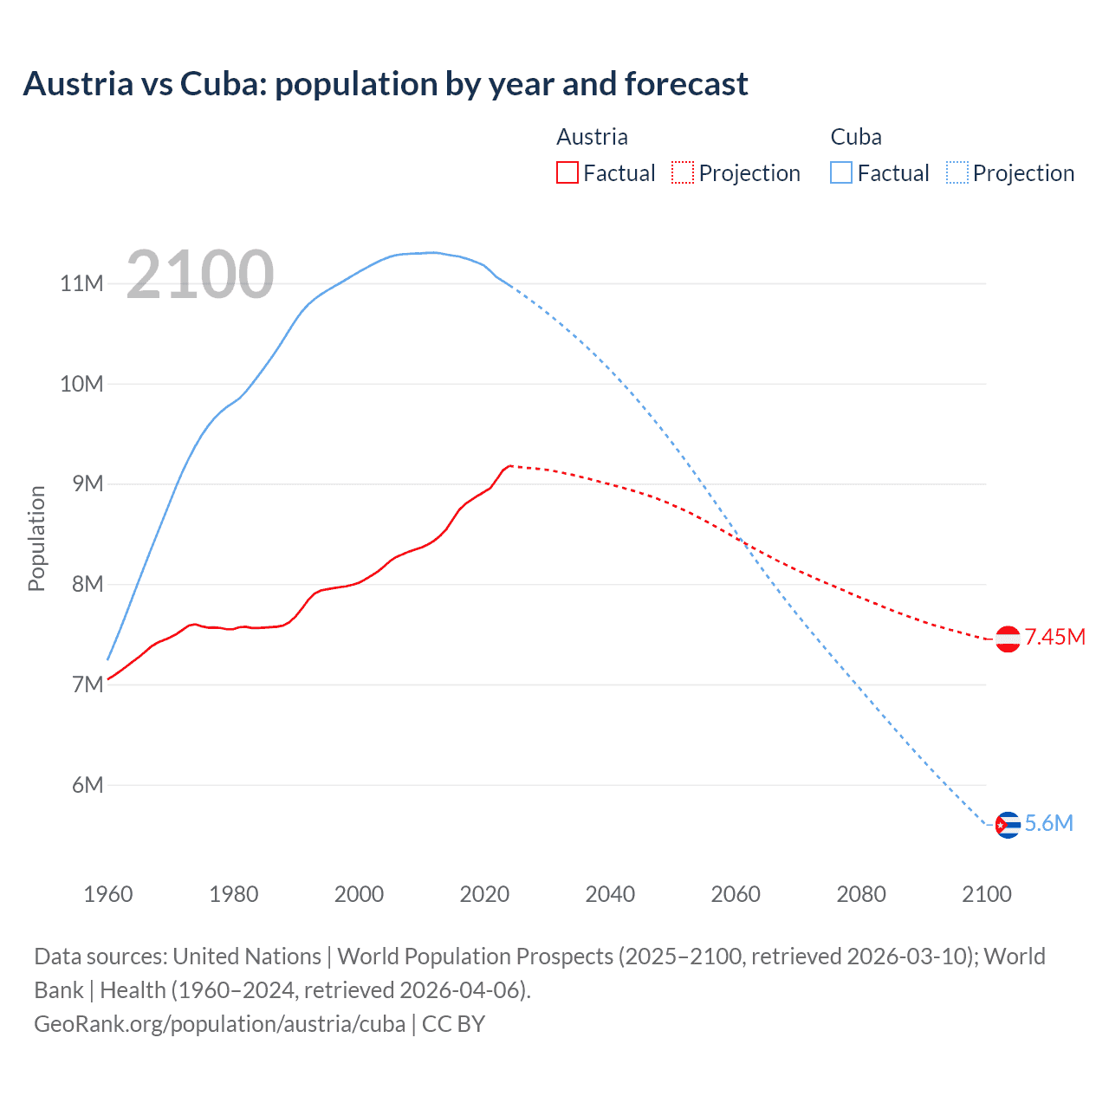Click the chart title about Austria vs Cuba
(x=386, y=84)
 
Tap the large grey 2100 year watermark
(x=200, y=275)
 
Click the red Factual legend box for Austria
(x=567, y=172)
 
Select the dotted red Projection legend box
(x=683, y=172)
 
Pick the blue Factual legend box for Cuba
(x=841, y=172)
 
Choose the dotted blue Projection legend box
(x=957, y=172)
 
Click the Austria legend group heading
(x=592, y=137)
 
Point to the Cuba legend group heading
(x=856, y=137)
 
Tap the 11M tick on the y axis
(x=81, y=283)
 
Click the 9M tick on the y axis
(x=88, y=483)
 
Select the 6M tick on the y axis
(x=88, y=785)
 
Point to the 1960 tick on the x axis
(x=108, y=894)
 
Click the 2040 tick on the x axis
(x=610, y=894)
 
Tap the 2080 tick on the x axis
(x=861, y=894)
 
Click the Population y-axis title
(x=36, y=538)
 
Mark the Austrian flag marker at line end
(x=1007, y=639)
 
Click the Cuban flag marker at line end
(x=1007, y=825)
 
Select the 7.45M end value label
(x=1054, y=638)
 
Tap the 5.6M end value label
(x=1048, y=823)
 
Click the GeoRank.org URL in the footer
(x=219, y=1024)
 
